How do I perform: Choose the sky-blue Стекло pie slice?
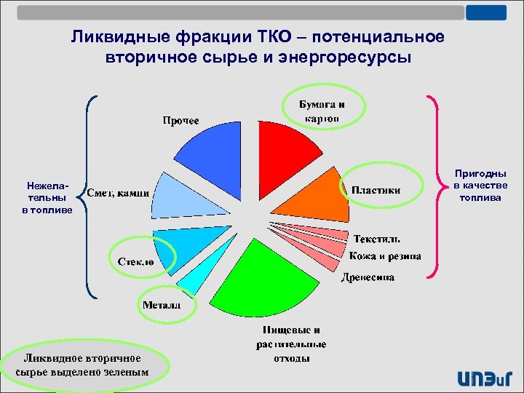[175, 244]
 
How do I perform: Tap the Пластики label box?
[376, 190]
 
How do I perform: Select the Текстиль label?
[376, 239]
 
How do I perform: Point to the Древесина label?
[368, 277]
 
